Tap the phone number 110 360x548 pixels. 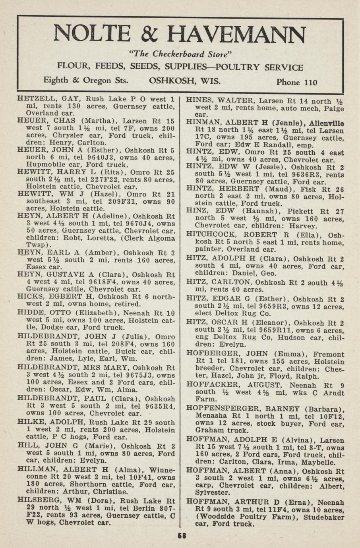coord(310,82)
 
